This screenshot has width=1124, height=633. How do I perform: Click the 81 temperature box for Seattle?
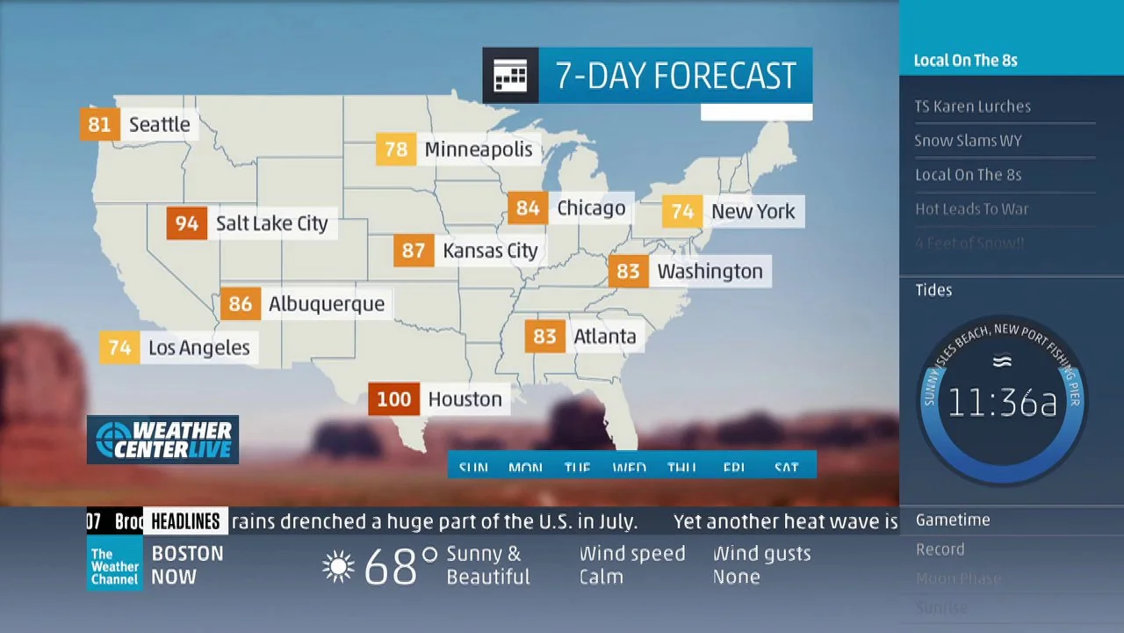tap(99, 124)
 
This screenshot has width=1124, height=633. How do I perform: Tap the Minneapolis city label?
tap(479, 149)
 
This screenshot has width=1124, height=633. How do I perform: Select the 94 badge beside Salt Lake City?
tap(187, 223)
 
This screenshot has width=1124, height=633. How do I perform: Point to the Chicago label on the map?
tap(591, 208)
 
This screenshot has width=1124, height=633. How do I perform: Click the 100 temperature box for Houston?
tap(393, 399)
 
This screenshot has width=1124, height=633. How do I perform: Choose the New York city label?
tap(753, 211)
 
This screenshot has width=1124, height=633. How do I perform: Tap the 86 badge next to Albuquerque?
tap(240, 304)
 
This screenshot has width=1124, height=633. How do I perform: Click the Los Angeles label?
tap(198, 348)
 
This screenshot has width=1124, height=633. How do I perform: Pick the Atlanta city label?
tap(604, 336)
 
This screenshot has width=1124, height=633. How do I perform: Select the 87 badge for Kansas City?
tap(414, 251)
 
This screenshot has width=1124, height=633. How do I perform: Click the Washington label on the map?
tap(710, 271)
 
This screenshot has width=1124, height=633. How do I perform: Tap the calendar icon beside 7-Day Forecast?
tap(510, 76)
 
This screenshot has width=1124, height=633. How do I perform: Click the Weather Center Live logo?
tap(163, 440)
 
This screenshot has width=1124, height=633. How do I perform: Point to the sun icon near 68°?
tap(339, 566)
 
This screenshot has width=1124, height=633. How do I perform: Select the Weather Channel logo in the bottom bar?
tap(114, 566)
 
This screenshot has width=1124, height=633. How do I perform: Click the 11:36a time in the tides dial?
tap(1002, 403)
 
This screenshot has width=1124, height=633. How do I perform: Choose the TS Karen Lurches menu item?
tap(973, 106)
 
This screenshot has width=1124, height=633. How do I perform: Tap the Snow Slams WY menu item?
tap(968, 141)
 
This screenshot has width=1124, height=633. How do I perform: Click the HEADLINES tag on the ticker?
tap(185, 521)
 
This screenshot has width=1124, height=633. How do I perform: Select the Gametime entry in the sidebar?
tap(953, 520)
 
